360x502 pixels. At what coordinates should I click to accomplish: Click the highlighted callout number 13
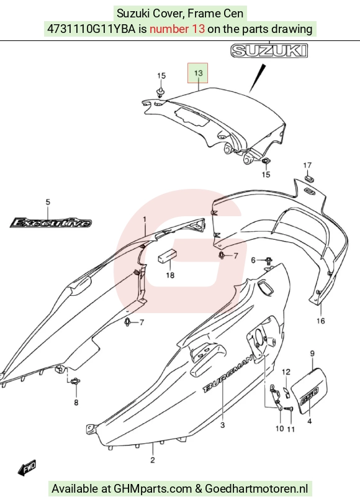[198, 73]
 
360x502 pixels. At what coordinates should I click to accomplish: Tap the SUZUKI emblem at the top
[269, 51]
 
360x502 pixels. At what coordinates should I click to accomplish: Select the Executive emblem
[50, 222]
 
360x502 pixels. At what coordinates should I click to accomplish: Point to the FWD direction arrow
[27, 468]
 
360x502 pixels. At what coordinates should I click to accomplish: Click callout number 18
[170, 275]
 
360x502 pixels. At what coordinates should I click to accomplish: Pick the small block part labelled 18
[167, 255]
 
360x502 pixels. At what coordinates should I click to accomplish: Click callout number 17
[307, 165]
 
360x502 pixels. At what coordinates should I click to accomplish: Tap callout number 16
[321, 321]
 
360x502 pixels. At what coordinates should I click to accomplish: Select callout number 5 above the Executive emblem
[48, 202]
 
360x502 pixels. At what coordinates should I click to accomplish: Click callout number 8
[76, 403]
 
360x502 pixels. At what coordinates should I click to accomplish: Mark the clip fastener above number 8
[76, 381]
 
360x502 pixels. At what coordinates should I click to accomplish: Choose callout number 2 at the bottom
[153, 460]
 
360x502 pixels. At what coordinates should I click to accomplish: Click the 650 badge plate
[309, 391]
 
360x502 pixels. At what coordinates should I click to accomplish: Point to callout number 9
[312, 354]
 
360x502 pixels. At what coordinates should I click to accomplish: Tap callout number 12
[286, 372]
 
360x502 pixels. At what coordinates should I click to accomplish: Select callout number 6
[253, 260]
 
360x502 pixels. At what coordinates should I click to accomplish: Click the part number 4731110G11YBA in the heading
[91, 29]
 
